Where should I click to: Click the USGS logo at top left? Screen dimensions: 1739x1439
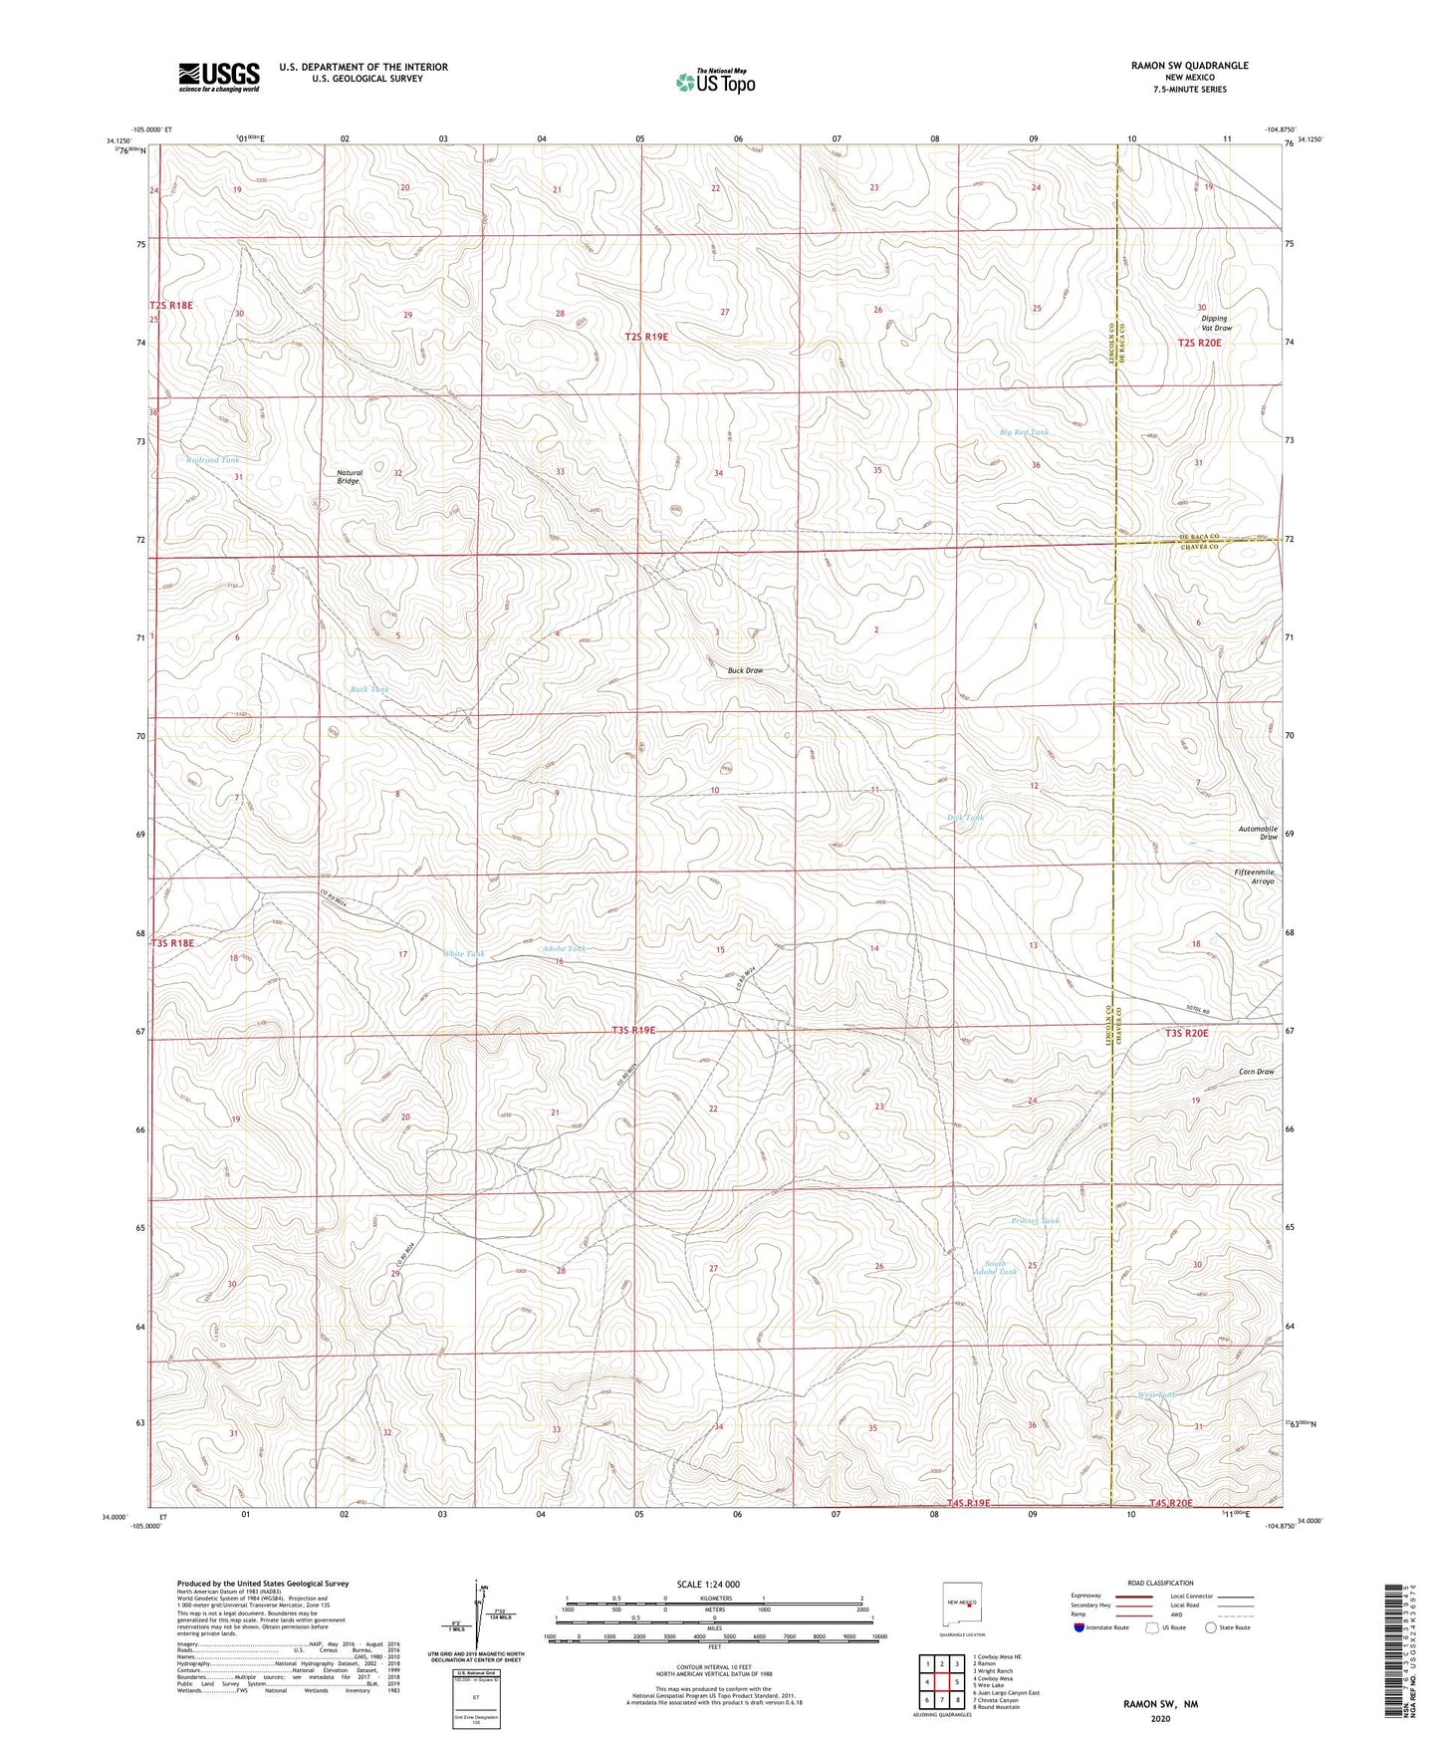[x=218, y=77]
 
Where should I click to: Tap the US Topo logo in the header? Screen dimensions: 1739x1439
[x=714, y=82]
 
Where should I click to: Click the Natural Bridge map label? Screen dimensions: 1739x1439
[x=349, y=477]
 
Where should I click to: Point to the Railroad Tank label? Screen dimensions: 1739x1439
[x=213, y=460]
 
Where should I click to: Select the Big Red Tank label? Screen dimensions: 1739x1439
[x=1024, y=432]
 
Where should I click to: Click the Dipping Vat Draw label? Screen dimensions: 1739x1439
[x=1216, y=323]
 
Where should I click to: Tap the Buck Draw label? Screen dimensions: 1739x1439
[x=745, y=670]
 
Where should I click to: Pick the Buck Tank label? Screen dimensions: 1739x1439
[x=369, y=689]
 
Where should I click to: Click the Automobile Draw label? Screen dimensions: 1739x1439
[x=1257, y=833]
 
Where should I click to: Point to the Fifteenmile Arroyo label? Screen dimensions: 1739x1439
[x=1254, y=876]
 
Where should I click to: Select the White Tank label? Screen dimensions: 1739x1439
[x=463, y=954]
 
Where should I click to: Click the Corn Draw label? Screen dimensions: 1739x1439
[x=1256, y=1072]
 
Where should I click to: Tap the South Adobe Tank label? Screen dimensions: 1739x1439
[x=995, y=1268]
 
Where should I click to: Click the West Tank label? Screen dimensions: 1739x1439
[x=1156, y=1394]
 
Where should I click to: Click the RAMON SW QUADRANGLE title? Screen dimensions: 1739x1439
[x=1189, y=66]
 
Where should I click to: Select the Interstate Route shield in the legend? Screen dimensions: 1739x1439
[x=1079, y=1627]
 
